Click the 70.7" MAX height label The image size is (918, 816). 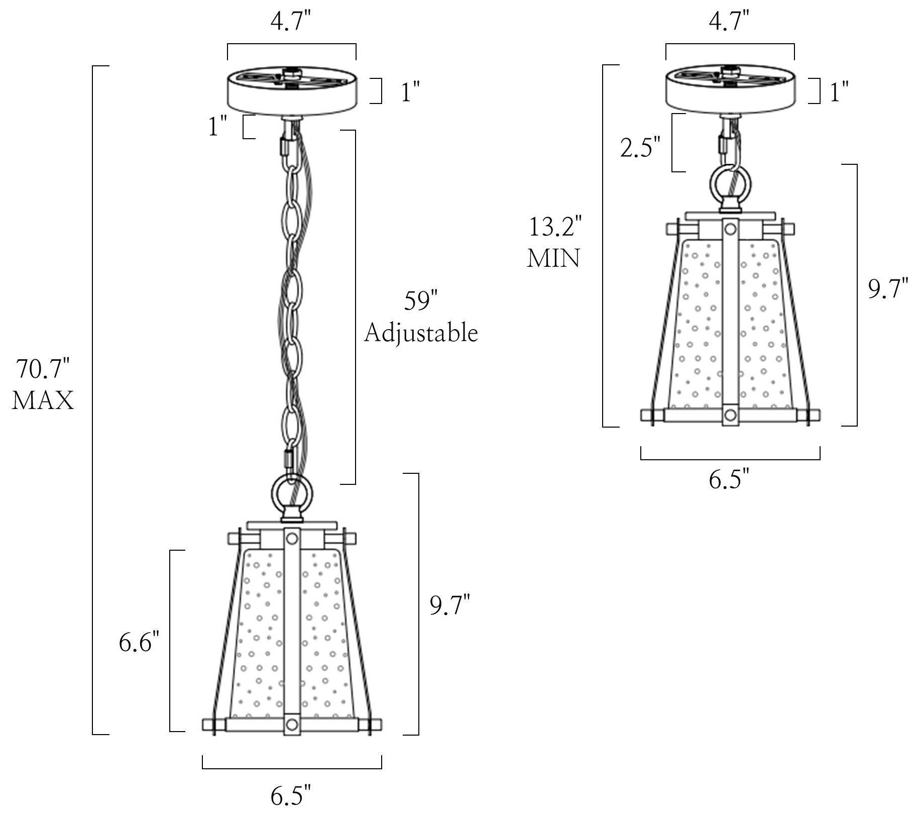point(43,385)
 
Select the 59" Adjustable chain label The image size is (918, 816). point(421,317)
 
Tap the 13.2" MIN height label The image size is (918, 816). point(554,242)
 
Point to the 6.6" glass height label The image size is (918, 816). point(139,642)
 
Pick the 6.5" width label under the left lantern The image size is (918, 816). point(291,796)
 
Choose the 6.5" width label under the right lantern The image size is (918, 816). point(729,479)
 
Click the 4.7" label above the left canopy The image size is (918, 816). point(291,23)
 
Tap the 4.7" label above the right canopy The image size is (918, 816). point(729,23)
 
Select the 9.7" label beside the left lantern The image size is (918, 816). point(450,604)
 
